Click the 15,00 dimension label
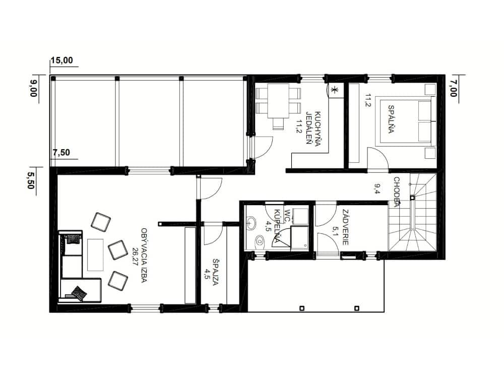(x=61, y=60)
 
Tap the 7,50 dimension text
(x=61, y=152)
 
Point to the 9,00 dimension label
(x=33, y=89)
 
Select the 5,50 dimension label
(x=31, y=180)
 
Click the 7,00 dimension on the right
(x=453, y=89)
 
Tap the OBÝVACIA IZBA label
(x=144, y=256)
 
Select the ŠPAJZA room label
(x=215, y=272)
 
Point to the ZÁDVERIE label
(x=345, y=227)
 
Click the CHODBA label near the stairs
(x=397, y=192)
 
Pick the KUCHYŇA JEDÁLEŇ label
(x=313, y=129)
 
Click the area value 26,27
(x=135, y=256)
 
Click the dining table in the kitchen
(x=278, y=101)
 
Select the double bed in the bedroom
(x=406, y=121)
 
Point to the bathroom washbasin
(x=251, y=222)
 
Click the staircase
(x=412, y=212)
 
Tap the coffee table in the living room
(x=95, y=255)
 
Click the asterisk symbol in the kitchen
(x=334, y=90)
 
